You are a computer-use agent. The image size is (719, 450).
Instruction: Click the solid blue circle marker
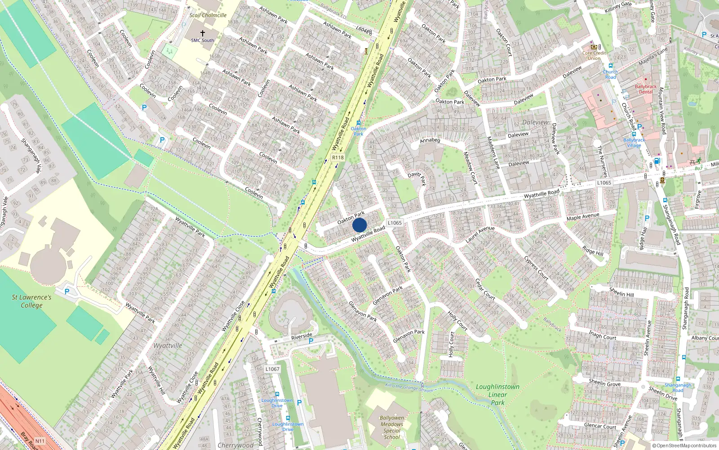[x=359, y=225]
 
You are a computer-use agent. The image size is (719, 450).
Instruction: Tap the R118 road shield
[x=337, y=157]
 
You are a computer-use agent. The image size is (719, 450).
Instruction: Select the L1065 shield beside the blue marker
[x=395, y=223]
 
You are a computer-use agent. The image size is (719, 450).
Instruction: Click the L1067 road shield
[x=272, y=369]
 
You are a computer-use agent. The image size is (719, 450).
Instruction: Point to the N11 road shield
[x=40, y=441]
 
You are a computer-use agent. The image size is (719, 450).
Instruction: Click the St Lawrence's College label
[x=31, y=301]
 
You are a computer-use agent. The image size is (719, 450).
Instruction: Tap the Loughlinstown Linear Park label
[x=497, y=395]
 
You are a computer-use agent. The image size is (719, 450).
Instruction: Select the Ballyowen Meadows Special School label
[x=392, y=427]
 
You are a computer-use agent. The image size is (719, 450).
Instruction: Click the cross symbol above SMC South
[x=203, y=33]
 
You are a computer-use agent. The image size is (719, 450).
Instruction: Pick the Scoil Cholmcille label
[x=208, y=15]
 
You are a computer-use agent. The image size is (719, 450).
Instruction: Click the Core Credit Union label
[x=594, y=55]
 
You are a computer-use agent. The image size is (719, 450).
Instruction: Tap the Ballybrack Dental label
[x=646, y=89]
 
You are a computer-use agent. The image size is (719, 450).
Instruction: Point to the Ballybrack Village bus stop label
[x=634, y=143]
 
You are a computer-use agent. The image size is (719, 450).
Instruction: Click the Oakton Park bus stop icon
[x=358, y=122]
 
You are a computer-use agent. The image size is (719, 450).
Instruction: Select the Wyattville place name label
[x=168, y=346]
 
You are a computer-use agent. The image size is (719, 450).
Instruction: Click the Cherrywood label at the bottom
[x=235, y=445]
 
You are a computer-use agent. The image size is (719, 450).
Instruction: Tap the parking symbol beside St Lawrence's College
[x=67, y=291]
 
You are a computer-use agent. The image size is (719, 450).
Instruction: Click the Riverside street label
[x=302, y=336]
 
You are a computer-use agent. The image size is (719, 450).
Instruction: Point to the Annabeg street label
[x=430, y=140]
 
